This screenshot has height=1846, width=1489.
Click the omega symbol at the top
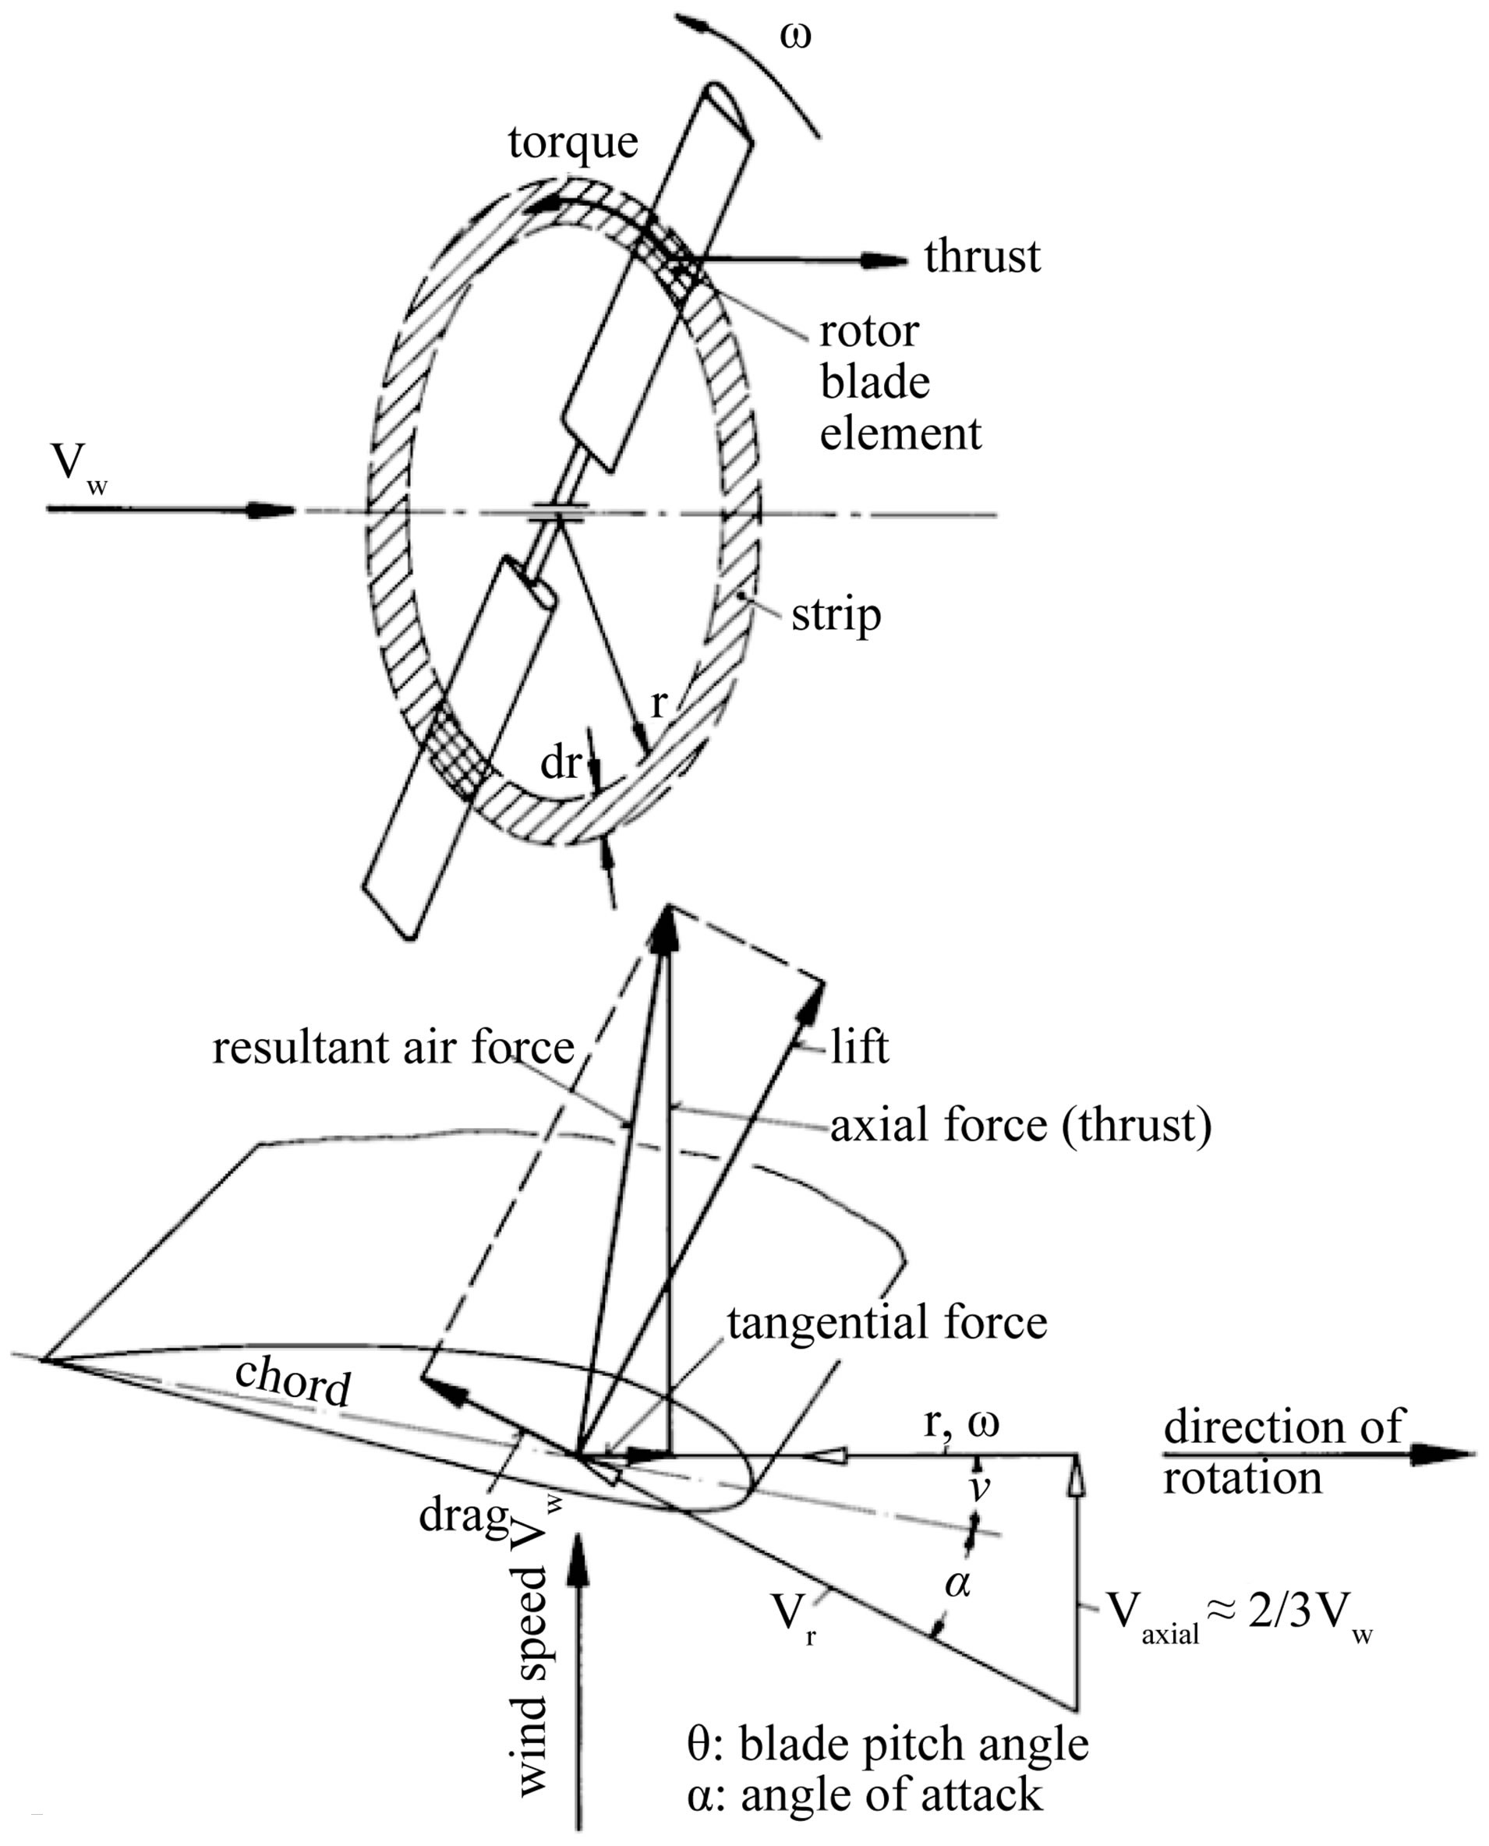tap(796, 37)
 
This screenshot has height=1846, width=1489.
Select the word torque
tap(573, 143)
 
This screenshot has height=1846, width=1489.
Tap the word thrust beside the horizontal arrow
tap(982, 256)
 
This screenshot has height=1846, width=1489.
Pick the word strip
tap(836, 616)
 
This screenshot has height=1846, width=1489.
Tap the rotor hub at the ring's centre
tap(558, 513)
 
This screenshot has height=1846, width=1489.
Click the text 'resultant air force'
tap(393, 1048)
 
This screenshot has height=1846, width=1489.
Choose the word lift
tap(859, 1048)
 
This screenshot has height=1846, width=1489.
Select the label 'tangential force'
tap(887, 1322)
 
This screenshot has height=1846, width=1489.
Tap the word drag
tap(463, 1515)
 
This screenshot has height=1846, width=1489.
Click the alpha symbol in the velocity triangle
tap(957, 1583)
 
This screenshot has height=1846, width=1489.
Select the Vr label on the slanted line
tap(796, 1616)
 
